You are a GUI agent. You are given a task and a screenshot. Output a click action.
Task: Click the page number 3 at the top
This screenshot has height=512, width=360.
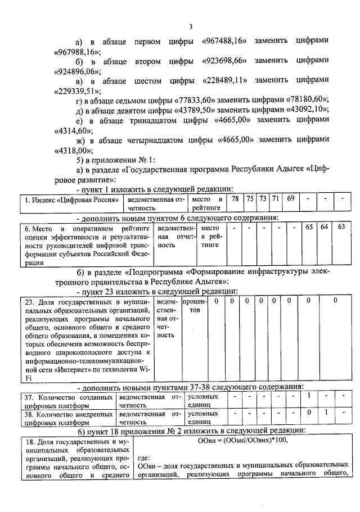tap(191, 26)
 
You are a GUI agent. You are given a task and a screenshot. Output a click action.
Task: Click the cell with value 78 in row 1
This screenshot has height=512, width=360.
tap(236, 198)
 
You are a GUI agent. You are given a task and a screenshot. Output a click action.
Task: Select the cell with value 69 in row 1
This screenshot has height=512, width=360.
tap(290, 198)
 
